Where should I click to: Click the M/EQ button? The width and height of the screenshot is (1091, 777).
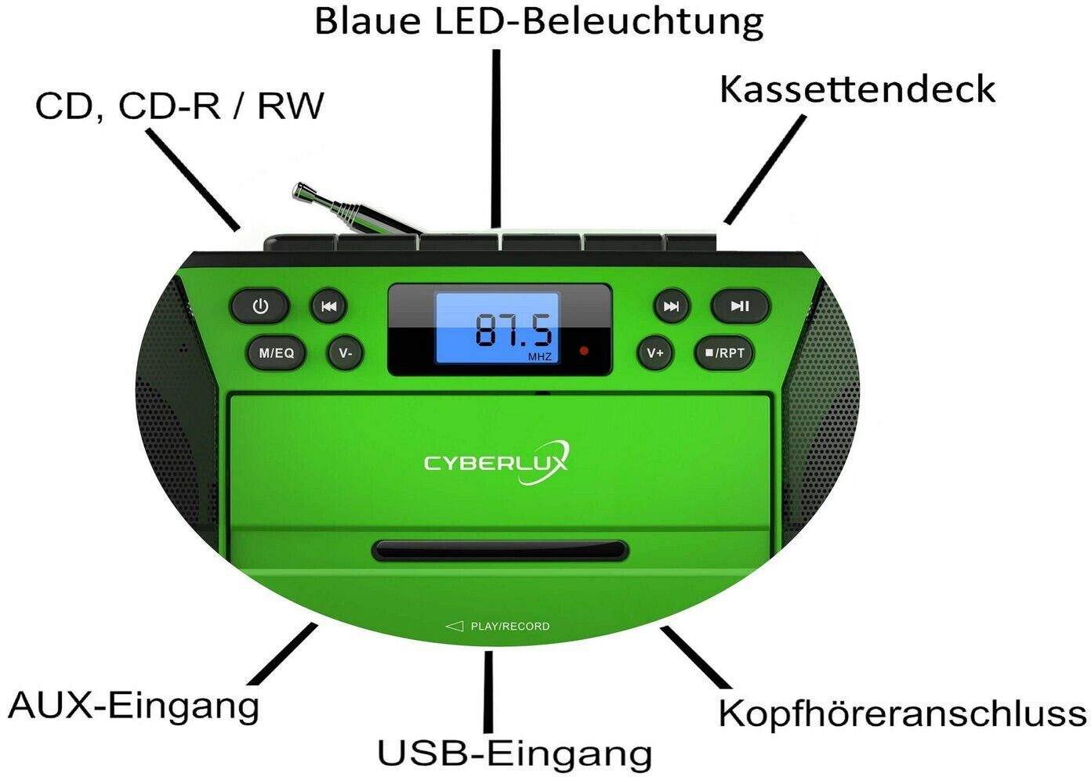click(x=276, y=353)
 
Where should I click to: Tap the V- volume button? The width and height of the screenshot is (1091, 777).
click(x=346, y=353)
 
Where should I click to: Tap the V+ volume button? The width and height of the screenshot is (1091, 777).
click(x=655, y=353)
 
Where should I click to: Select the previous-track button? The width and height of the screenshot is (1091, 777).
click(x=328, y=306)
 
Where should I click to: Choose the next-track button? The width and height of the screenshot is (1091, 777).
click(x=672, y=306)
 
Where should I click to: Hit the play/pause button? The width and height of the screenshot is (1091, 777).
click(x=740, y=306)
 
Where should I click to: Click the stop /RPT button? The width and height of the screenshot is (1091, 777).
click(x=725, y=353)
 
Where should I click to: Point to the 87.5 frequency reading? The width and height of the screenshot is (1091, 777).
click(x=513, y=331)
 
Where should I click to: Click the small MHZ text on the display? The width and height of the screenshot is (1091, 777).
click(x=539, y=357)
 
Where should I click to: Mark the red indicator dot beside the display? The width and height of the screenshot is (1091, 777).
click(x=584, y=351)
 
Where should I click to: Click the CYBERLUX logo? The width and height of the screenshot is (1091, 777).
click(x=496, y=462)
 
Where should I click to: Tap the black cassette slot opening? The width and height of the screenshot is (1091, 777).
click(x=500, y=551)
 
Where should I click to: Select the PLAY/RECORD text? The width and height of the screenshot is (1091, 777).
click(x=509, y=627)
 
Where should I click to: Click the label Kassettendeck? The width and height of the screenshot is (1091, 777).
click(x=857, y=89)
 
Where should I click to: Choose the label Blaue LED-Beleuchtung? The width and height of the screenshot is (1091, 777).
click(x=538, y=22)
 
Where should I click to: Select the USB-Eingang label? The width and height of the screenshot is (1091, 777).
click(x=514, y=754)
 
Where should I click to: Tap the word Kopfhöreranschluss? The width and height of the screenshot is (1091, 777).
click(x=902, y=714)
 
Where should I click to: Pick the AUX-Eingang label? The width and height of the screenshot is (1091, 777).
click(x=134, y=706)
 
